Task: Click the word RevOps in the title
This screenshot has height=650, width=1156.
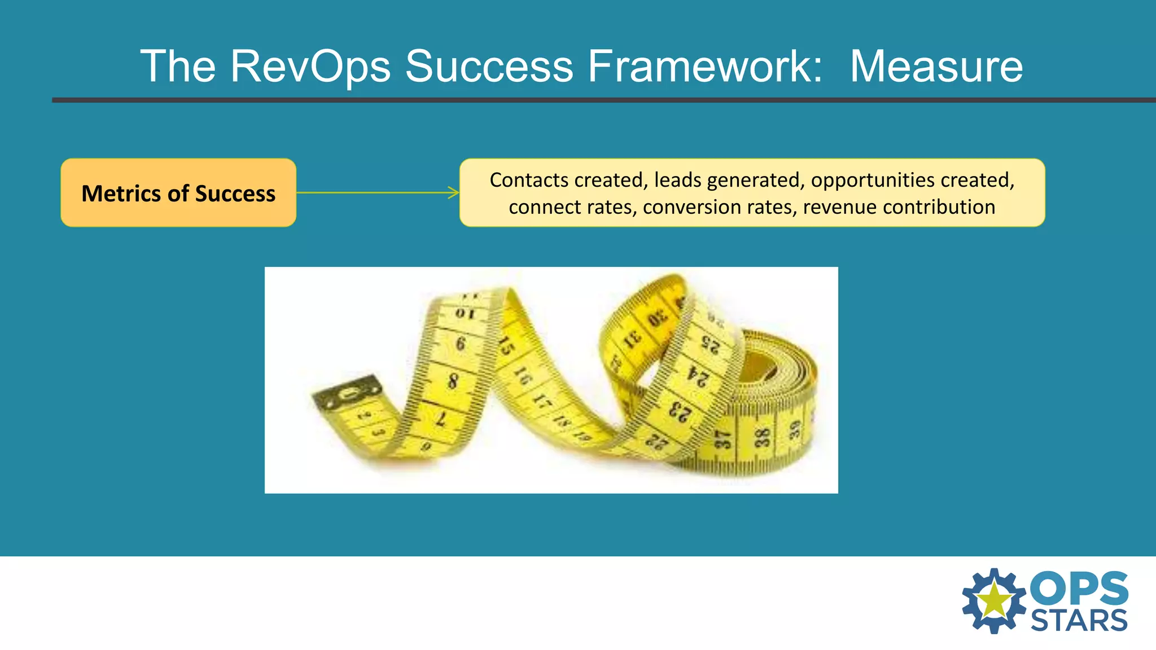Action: point(310,67)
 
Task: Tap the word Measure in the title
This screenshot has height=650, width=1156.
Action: point(936,67)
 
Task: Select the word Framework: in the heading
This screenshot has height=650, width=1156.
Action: point(705,67)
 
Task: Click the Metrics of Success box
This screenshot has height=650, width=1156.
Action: point(178,193)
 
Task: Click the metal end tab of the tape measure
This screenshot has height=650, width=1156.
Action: point(346,393)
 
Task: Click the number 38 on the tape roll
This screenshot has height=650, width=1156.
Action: point(763,438)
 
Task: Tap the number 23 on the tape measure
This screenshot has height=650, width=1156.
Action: point(679,411)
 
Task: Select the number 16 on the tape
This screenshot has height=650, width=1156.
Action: point(523,376)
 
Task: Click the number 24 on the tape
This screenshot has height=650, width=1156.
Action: point(699,376)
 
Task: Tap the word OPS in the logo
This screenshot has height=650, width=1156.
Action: point(1079,589)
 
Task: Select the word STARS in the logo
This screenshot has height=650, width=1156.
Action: point(1079,621)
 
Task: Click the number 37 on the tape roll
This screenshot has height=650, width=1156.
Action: point(723,440)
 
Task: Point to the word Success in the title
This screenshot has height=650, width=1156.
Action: point(489,67)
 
